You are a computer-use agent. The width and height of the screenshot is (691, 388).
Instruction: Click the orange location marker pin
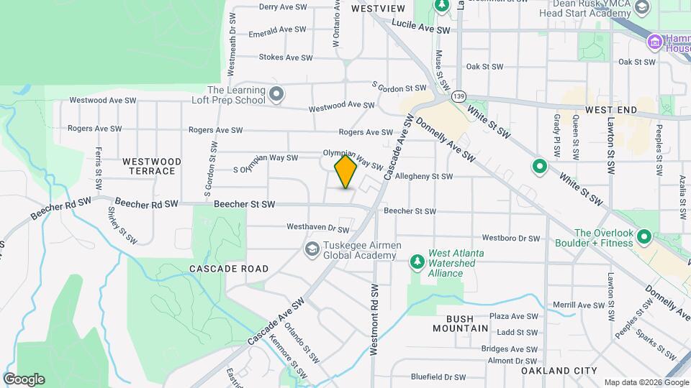click(345, 172)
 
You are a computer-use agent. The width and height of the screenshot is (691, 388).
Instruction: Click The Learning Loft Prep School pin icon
click(276, 94)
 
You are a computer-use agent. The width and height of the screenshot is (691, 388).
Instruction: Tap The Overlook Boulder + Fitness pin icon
click(643, 236)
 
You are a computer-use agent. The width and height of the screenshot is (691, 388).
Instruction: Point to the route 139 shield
click(459, 96)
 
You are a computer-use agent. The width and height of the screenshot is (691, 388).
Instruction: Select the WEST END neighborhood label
click(611, 110)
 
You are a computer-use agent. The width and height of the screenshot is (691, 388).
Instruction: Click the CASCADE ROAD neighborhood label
click(219, 269)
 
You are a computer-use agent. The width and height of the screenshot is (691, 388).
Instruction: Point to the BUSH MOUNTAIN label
click(461, 323)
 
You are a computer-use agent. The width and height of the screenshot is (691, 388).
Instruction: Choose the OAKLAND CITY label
click(559, 371)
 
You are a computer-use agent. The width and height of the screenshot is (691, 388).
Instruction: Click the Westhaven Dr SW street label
click(317, 228)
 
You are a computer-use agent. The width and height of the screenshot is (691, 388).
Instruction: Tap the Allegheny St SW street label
click(424, 176)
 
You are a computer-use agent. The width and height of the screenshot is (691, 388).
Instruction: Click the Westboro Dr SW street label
click(510, 238)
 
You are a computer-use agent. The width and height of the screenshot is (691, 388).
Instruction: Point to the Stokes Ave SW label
click(285, 57)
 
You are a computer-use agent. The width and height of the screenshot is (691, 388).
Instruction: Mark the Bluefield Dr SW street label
click(439, 377)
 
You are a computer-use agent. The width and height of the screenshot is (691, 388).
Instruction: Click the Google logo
click(24, 379)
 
